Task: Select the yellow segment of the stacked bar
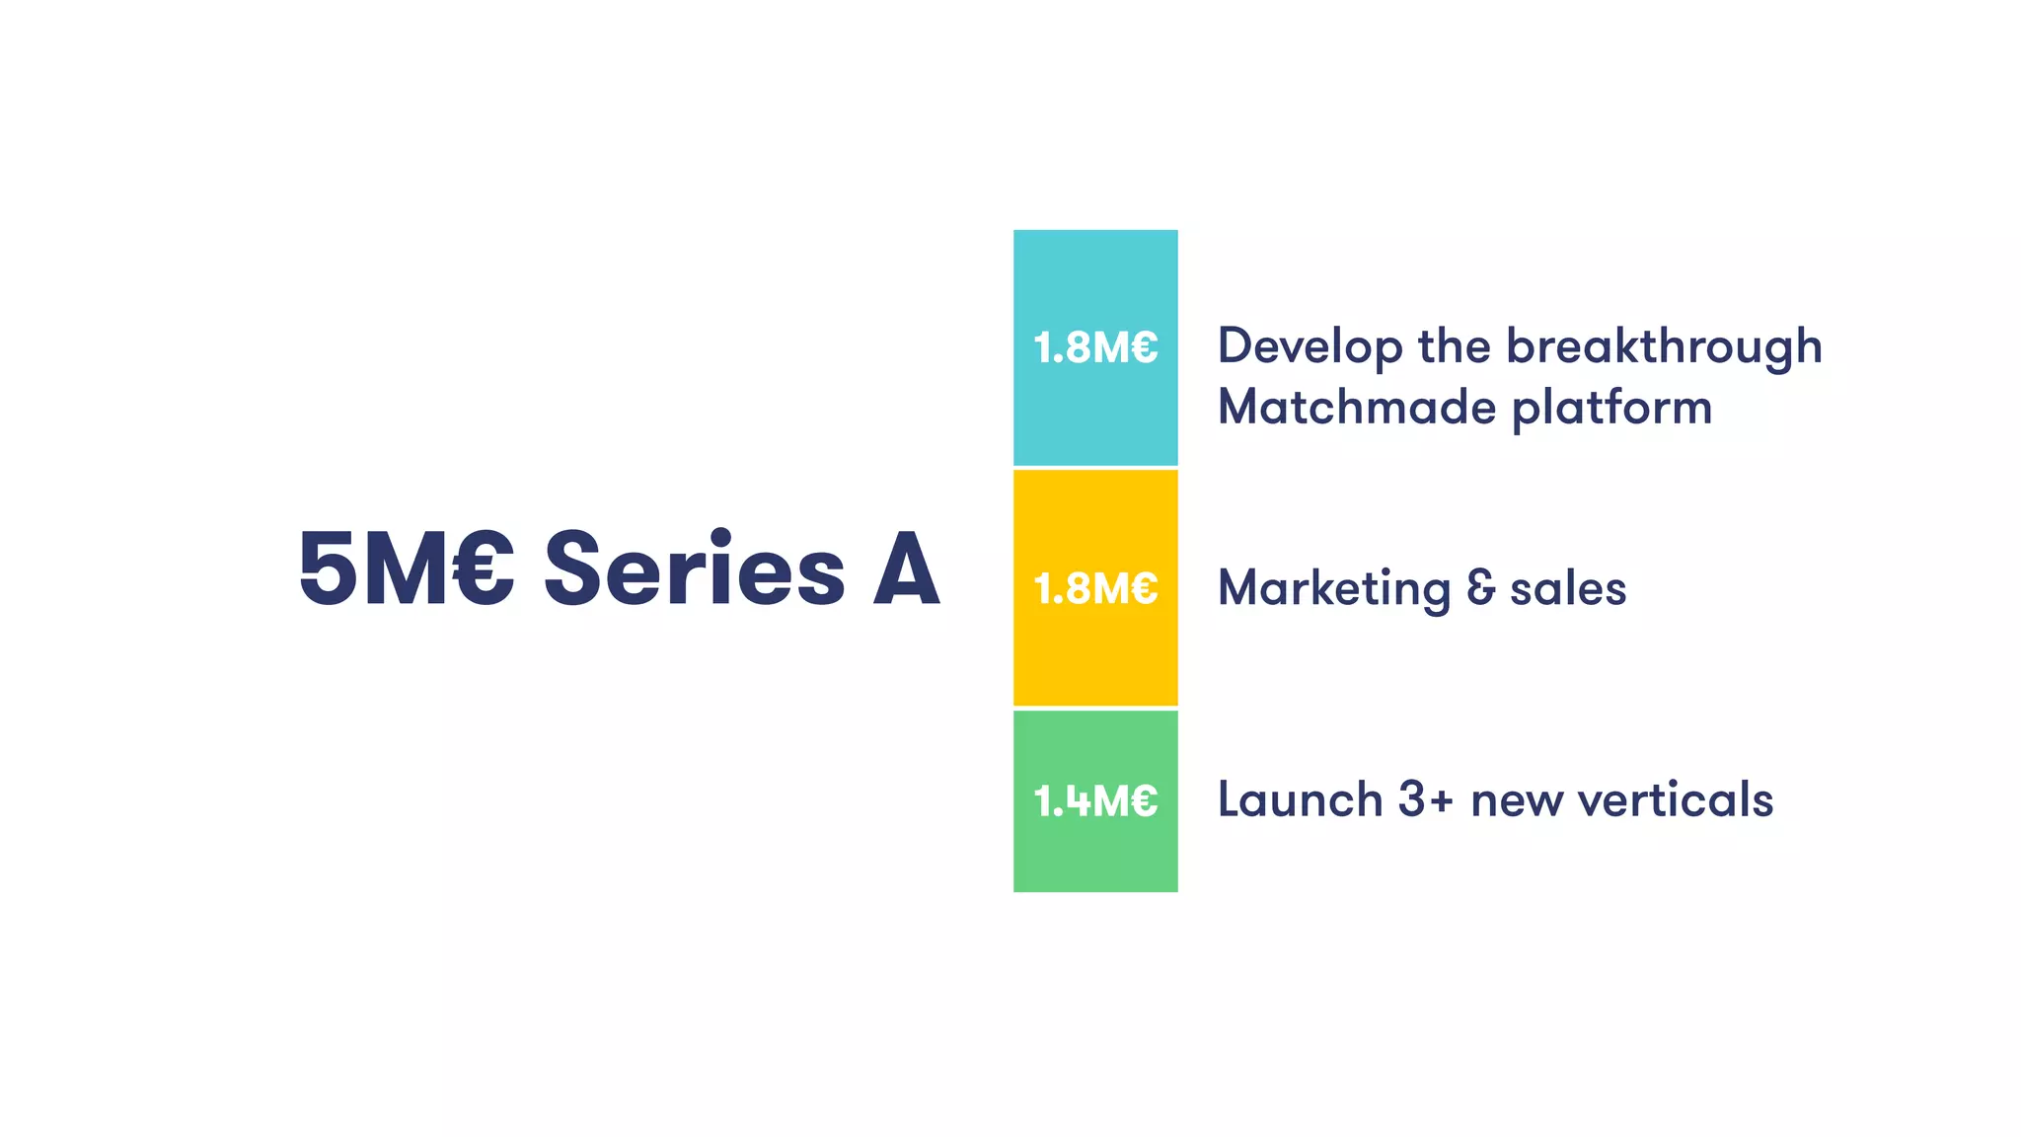coord(1095,651)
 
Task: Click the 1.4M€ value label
coord(1095,800)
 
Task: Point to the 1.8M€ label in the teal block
coord(1095,347)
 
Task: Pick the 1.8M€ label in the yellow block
coord(1095,588)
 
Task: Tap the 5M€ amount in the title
coord(406,569)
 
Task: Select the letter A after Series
coord(906,569)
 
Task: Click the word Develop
coord(1310,347)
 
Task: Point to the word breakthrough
coord(1664,347)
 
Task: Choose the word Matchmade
coord(1357,407)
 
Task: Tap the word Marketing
coord(1334,589)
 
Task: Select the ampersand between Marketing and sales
coord(1480,588)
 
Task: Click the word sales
coord(1568,589)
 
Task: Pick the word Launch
coord(1300,799)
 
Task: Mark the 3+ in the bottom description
coord(1426,799)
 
